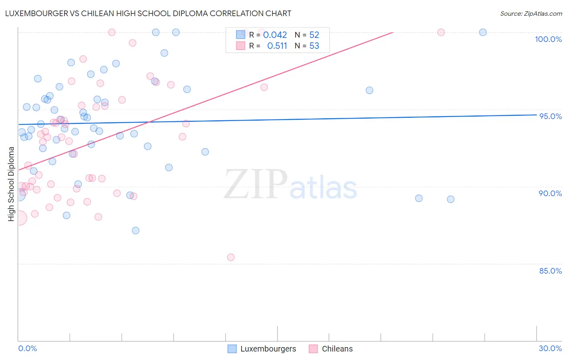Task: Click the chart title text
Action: tap(148, 13)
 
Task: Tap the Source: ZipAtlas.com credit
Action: tap(531, 13)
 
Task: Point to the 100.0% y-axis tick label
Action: tap(548, 39)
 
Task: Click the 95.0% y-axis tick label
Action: tap(550, 116)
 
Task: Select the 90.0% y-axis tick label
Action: tap(550, 193)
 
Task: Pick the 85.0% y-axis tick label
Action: tap(550, 271)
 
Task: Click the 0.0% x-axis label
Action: tap(27, 348)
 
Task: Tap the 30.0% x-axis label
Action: tap(550, 348)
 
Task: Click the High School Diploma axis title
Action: tap(11, 184)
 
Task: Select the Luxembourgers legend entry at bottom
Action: tap(262, 349)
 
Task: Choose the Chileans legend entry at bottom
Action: tap(331, 349)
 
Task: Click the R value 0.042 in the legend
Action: tap(275, 35)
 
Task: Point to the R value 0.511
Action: tap(277, 46)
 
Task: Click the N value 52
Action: tap(314, 35)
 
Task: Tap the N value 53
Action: tap(314, 46)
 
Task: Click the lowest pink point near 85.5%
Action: tap(231, 257)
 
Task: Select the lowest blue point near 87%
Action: tap(135, 230)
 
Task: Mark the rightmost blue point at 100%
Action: tap(483, 32)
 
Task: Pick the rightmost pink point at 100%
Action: tap(441, 32)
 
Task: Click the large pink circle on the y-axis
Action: tap(19, 218)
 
